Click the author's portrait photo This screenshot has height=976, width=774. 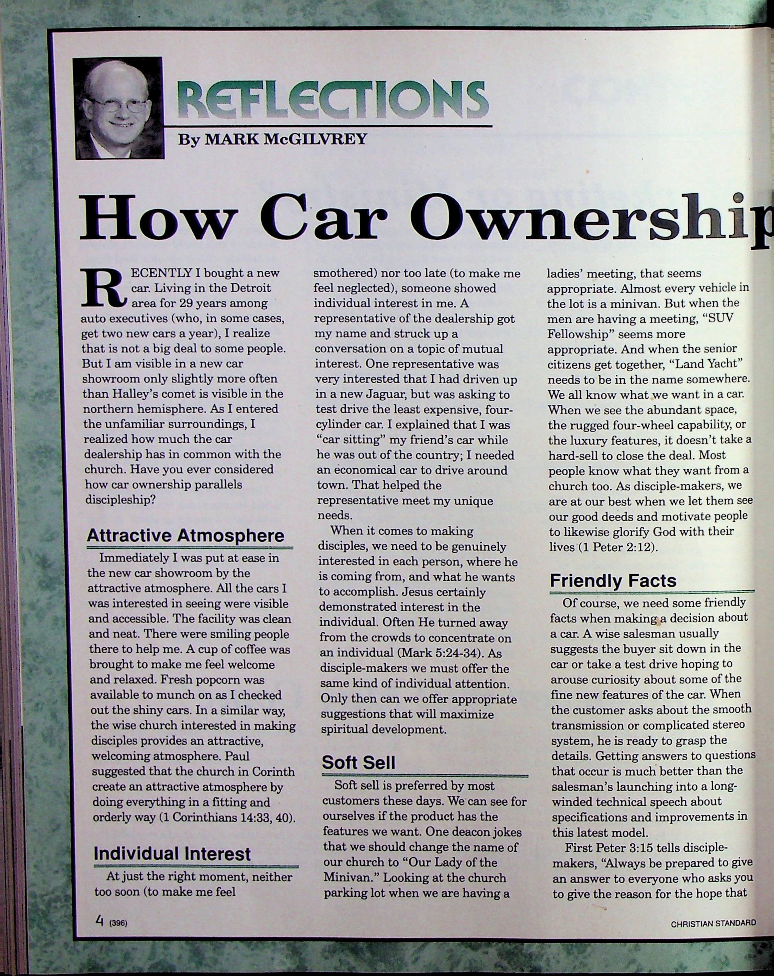pos(118,108)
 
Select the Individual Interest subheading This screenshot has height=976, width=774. pos(172,854)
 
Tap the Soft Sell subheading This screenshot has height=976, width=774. pos(358,763)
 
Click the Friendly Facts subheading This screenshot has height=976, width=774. pos(613,580)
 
